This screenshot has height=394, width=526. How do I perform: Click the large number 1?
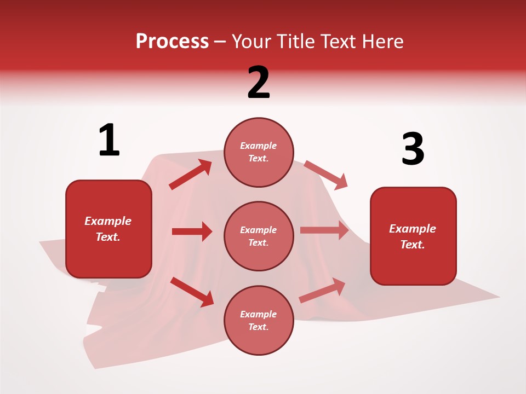[109, 140]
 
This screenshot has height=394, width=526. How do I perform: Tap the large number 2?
[259, 82]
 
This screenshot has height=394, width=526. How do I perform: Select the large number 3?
[413, 149]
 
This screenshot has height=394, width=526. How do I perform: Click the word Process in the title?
[172, 41]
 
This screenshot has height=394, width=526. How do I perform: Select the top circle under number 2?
[259, 152]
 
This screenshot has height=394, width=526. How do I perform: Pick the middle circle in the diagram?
[259, 236]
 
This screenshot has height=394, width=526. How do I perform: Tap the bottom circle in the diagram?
[259, 320]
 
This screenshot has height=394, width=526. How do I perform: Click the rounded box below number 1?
[108, 229]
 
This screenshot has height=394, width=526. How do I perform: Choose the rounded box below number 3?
[413, 236]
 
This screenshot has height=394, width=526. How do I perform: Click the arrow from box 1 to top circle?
[191, 174]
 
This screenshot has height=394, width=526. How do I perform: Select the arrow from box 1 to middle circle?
[192, 231]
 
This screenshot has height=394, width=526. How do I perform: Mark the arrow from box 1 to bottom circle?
[192, 291]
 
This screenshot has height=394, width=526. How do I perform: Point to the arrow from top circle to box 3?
[326, 175]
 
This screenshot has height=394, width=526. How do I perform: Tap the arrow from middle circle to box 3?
[324, 230]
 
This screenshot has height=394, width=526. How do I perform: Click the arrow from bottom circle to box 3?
[322, 291]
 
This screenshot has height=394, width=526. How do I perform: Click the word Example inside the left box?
[108, 221]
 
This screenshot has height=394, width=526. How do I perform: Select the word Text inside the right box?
[412, 245]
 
